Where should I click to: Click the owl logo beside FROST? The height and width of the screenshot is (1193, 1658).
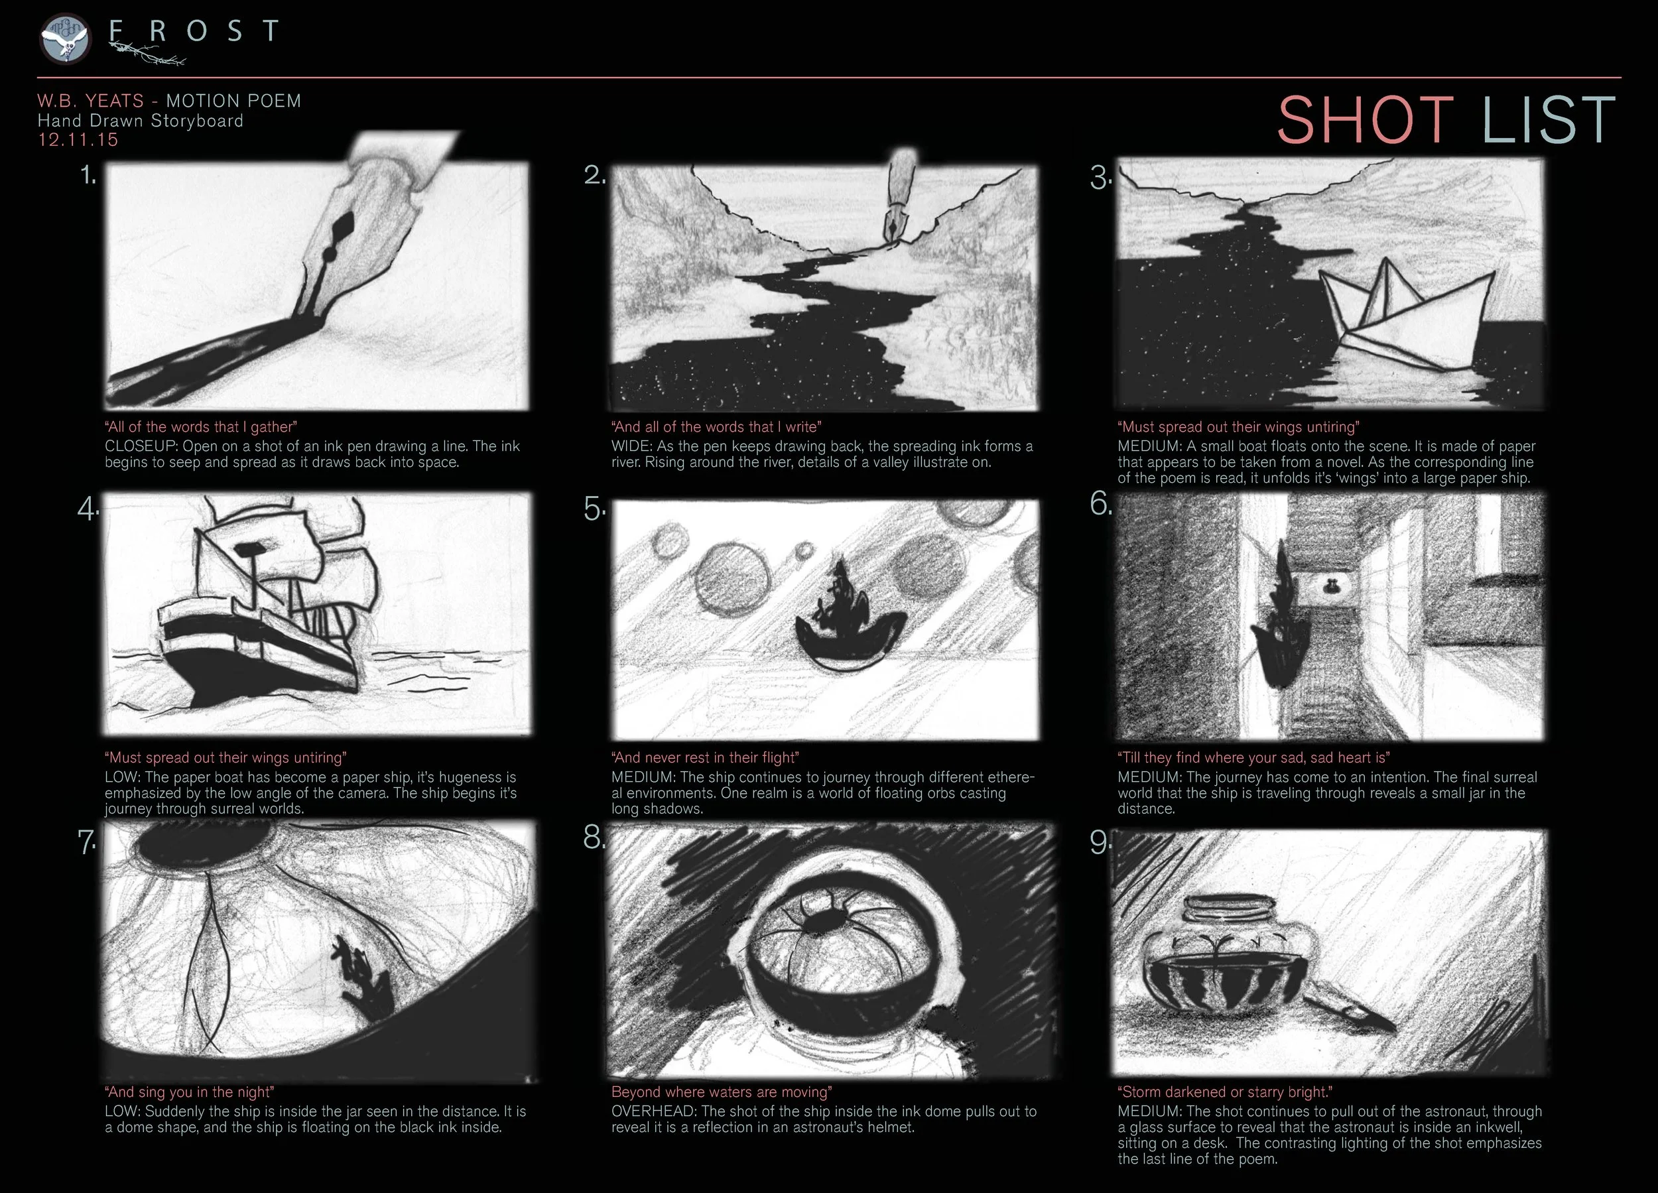coord(65,38)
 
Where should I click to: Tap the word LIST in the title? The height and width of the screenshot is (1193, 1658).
coord(1549,120)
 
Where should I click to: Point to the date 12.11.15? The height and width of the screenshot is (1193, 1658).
coord(78,141)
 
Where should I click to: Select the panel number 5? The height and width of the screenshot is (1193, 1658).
coord(594,509)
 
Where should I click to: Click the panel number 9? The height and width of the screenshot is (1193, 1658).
coord(1100,842)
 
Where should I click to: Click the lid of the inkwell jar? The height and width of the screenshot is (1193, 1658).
coord(1227,909)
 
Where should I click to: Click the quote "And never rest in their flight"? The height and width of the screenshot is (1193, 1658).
coord(705,757)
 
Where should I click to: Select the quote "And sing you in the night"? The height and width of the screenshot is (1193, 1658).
coord(189,1092)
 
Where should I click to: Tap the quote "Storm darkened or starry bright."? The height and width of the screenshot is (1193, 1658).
coord(1224,1092)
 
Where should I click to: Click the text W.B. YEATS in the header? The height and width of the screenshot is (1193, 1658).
coord(91,101)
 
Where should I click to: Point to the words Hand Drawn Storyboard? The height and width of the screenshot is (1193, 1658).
coord(141,121)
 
